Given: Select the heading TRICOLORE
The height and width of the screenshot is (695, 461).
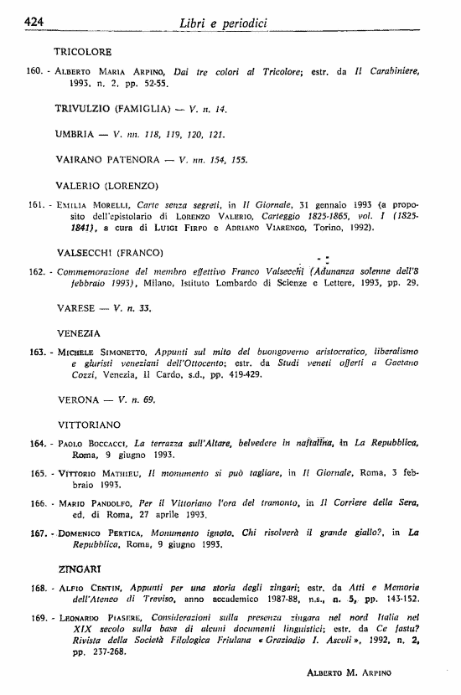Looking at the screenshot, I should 83,51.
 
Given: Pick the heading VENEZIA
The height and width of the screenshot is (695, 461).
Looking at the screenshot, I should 78,332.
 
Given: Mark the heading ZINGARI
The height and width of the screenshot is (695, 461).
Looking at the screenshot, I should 79,569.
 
